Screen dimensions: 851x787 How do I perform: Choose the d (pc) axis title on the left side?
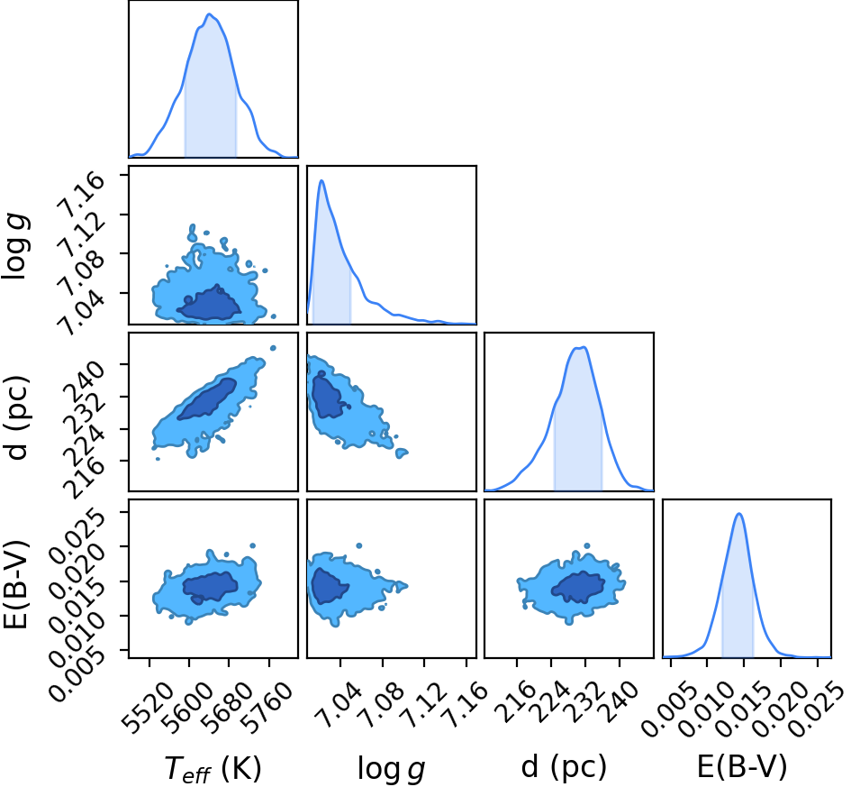click(17, 417)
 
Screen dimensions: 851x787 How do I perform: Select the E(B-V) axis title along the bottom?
click(741, 767)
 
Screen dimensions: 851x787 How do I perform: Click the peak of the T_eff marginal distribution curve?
click(210, 14)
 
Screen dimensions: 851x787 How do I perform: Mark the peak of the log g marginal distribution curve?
click(321, 181)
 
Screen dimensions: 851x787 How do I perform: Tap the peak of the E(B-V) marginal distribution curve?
click(738, 513)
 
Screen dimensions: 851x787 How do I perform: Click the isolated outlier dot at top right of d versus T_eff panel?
click(273, 348)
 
